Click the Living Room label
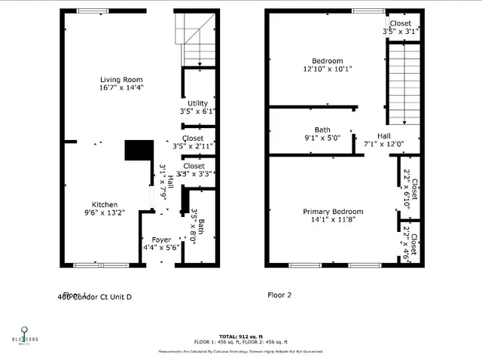click(121, 79)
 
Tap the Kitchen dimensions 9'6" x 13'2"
click(104, 213)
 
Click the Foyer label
click(161, 239)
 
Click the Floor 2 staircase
click(403, 83)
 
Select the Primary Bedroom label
click(333, 212)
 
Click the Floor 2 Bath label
click(322, 130)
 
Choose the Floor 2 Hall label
click(383, 136)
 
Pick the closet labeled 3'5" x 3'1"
click(401, 28)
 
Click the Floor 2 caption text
click(281, 295)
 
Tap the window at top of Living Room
click(93, 11)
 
